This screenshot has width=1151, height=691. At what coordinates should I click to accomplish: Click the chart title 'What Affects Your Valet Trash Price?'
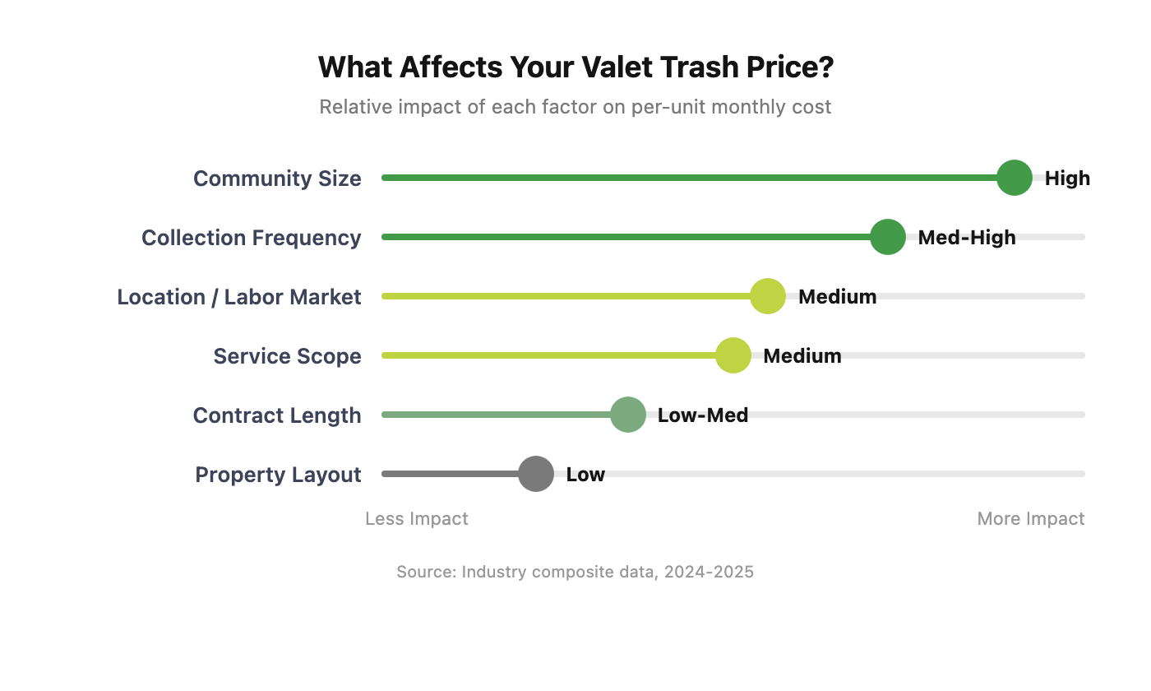click(x=575, y=67)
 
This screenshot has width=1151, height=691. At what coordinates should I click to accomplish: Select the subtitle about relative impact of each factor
click(x=575, y=107)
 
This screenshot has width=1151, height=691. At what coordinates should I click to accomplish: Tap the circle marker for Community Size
click(x=1014, y=178)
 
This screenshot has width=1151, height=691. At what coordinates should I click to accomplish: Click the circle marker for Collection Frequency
click(x=887, y=237)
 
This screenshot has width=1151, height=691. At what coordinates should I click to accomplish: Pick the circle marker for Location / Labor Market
click(x=768, y=296)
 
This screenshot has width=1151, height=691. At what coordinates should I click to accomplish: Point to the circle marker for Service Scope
click(x=733, y=355)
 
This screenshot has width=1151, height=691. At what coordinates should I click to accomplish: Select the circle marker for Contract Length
click(x=628, y=415)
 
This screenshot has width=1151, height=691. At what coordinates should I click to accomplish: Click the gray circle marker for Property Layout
click(x=536, y=474)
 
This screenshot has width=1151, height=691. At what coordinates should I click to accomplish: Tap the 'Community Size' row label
click(x=277, y=179)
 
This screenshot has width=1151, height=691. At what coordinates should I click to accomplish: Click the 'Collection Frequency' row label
click(x=251, y=238)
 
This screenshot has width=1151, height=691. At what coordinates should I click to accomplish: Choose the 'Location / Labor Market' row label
click(x=238, y=297)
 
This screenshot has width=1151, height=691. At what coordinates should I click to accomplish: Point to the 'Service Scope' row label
click(x=287, y=356)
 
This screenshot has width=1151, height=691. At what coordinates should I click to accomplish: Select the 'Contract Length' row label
click(x=277, y=415)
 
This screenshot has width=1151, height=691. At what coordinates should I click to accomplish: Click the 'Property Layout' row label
click(x=278, y=475)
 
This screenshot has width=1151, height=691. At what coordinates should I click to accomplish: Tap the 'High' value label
click(x=1067, y=179)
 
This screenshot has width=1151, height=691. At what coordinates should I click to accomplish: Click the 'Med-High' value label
click(x=967, y=238)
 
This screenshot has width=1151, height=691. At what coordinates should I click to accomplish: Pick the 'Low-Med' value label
click(x=703, y=415)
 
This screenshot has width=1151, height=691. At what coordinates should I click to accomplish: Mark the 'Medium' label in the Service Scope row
click(x=802, y=356)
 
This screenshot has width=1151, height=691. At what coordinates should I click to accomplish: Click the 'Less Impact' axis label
click(x=417, y=519)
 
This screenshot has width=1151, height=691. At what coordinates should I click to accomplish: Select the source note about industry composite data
click(x=575, y=572)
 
